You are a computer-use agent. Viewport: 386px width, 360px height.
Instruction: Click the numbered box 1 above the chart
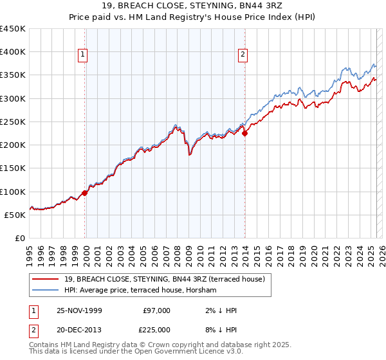coord(84,55)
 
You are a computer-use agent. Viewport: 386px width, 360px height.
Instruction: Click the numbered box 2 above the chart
coord(243,55)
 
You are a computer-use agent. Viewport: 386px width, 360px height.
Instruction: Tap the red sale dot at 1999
coord(85,192)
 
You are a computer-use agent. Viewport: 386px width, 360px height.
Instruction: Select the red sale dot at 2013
coord(244,134)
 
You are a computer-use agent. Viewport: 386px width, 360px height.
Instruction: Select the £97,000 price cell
coord(156,310)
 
